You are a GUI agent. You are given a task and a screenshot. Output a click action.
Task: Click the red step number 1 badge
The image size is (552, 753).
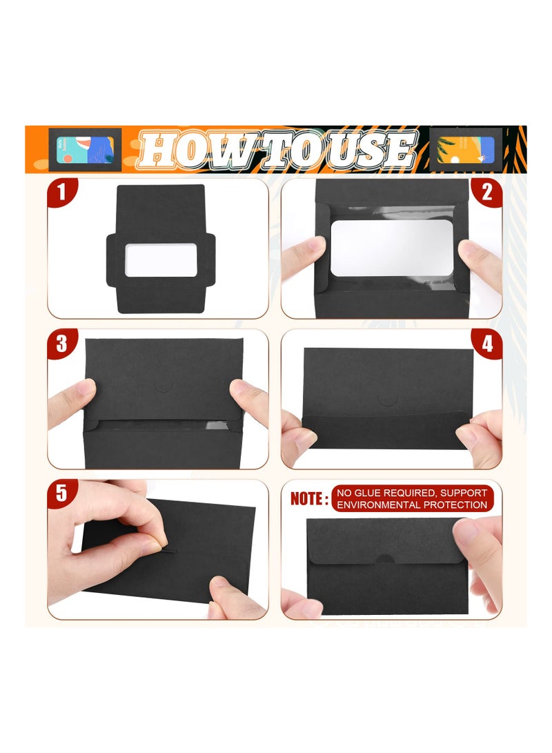coord(62,191)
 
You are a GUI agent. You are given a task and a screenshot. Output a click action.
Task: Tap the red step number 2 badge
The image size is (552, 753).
coord(487,191)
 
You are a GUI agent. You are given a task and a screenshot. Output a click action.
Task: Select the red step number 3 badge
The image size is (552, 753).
coord(62,343)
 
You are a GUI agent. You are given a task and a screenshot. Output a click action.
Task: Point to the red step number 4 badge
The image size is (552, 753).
coord(487,343)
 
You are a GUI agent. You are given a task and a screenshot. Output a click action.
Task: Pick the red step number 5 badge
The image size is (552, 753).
coord(62,493)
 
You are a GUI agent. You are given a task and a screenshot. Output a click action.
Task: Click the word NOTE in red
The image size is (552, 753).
coord(308,499)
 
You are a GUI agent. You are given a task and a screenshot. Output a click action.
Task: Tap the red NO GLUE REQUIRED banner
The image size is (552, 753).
coord(412,498)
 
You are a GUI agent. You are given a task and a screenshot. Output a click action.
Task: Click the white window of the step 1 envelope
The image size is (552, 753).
coord(161,260)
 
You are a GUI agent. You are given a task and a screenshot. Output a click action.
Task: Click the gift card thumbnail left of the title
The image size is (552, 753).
coord(85,149)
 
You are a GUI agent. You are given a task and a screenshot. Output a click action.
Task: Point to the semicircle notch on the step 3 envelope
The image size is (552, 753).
coord(163,385)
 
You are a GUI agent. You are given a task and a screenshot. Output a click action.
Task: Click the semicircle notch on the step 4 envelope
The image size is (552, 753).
coord(388,400)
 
